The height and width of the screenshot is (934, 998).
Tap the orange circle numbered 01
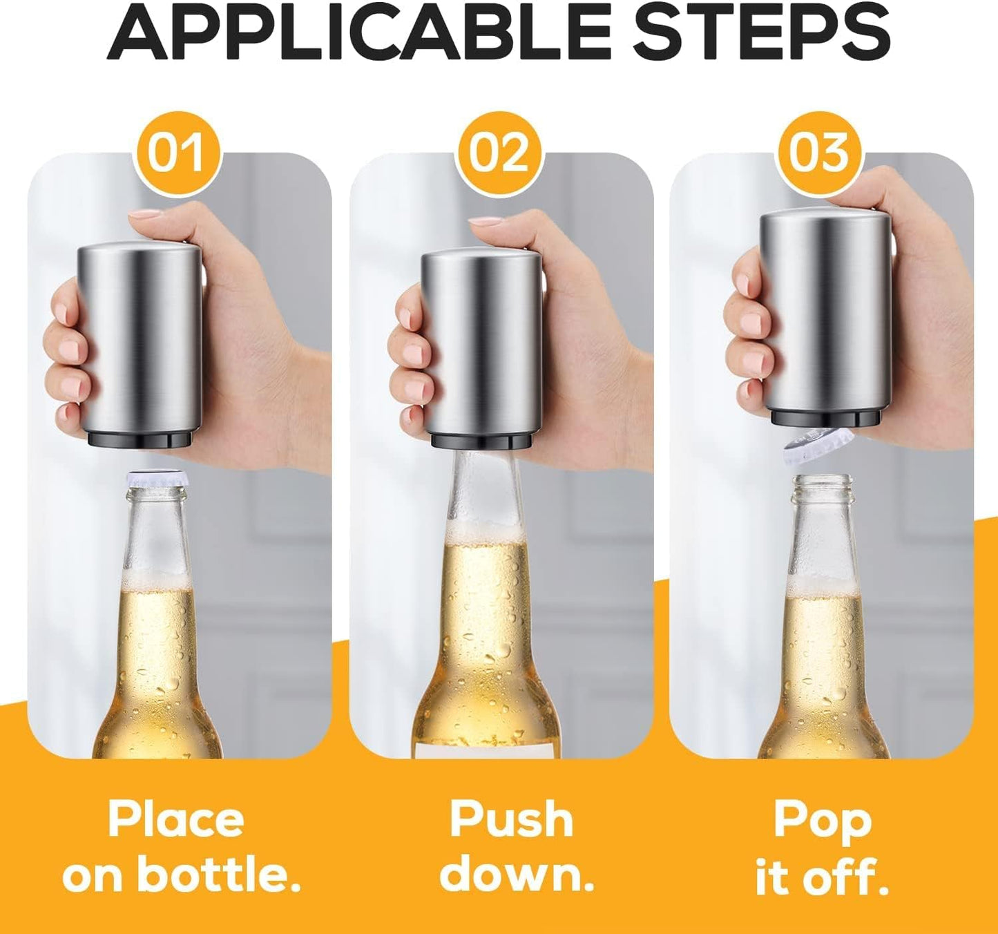177,153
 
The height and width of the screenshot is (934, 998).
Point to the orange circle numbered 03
818,153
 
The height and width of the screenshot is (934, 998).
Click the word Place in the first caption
176,820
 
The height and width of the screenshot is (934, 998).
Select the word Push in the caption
511,820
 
